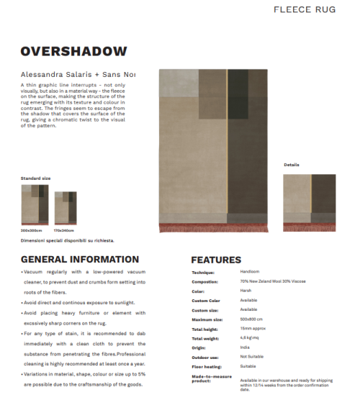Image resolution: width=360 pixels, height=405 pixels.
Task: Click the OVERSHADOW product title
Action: pyautogui.click(x=74, y=52)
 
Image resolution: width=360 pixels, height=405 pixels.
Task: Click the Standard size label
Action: pyautogui.click(x=35, y=177)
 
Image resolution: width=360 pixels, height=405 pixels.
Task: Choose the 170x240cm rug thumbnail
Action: pyautogui.click(x=66, y=208)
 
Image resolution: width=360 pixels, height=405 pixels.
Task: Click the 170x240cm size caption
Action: pyautogui.click(x=64, y=230)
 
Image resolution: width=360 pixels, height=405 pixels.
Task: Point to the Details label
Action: pyautogui.click(x=292, y=165)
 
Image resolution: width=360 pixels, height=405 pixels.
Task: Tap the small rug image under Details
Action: pyautogui.click(x=309, y=202)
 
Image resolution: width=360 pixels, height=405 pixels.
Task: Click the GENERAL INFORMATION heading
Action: pyautogui.click(x=80, y=260)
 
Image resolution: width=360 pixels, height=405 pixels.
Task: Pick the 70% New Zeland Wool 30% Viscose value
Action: pyautogui.click(x=276, y=282)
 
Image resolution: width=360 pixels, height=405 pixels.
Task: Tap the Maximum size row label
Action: pyautogui.click(x=207, y=319)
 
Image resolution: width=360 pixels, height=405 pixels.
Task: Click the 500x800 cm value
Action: pyautogui.click(x=253, y=319)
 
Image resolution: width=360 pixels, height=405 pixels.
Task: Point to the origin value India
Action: pyautogui.click(x=246, y=347)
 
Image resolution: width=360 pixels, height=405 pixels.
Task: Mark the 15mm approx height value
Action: pyautogui.click(x=253, y=328)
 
